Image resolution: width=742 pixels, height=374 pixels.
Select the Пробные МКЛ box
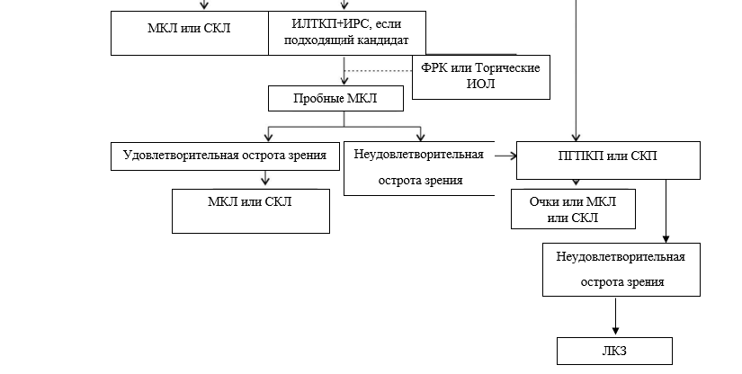click(335, 98)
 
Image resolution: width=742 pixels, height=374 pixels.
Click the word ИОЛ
click(481, 85)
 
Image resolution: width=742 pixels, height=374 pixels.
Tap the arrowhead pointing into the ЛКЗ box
click(615, 330)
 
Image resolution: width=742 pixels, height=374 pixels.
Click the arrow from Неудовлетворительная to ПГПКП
click(506, 156)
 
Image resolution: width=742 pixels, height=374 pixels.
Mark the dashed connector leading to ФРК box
click(378, 70)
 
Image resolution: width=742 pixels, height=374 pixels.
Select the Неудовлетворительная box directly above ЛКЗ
click(621, 269)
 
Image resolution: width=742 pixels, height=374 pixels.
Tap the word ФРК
click(434, 67)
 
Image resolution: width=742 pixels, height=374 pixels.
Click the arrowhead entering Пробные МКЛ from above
click(344, 79)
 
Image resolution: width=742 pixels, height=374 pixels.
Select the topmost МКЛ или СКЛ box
click(189, 28)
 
